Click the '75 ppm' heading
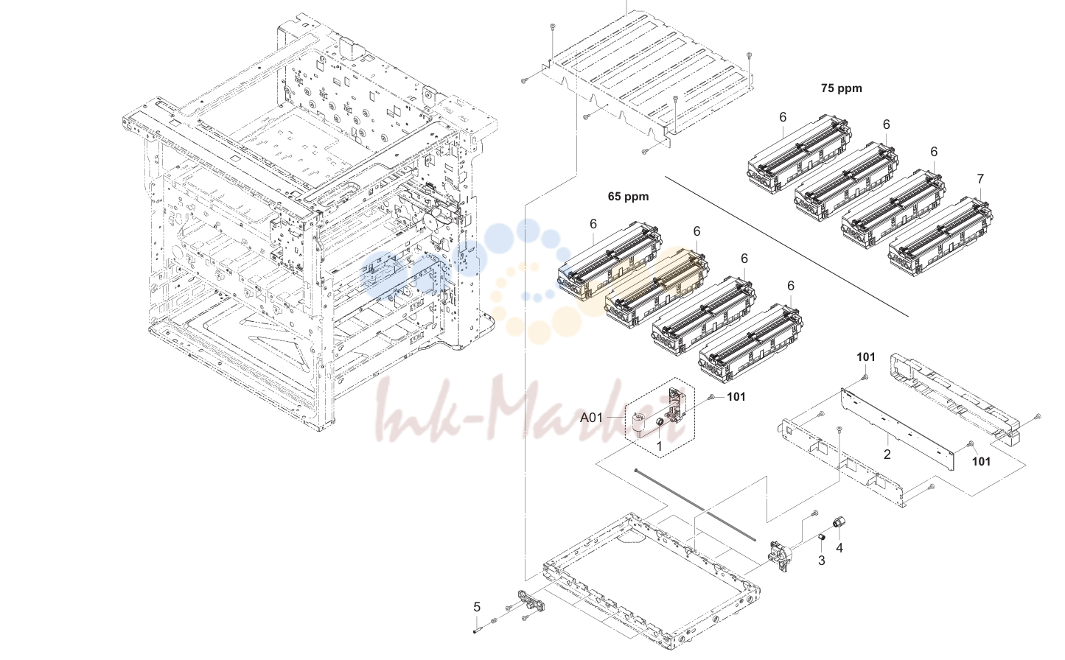[x=841, y=88]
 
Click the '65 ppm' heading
[x=628, y=197]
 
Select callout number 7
[x=980, y=179]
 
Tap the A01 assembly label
[x=591, y=418]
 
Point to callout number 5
[x=476, y=607]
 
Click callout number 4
[x=839, y=548]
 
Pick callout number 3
[x=821, y=561]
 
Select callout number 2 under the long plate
[x=887, y=454]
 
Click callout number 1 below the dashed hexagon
[x=659, y=446]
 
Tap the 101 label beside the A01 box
[x=736, y=396]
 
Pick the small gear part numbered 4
[x=837, y=522]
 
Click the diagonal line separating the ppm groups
[x=786, y=246]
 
